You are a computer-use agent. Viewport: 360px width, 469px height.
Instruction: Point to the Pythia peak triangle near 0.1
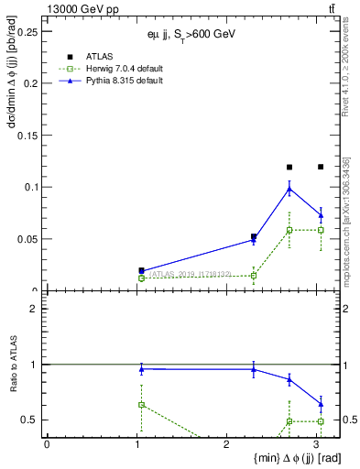pos(289,189)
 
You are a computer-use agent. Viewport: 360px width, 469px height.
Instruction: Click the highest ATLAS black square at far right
pos(320,167)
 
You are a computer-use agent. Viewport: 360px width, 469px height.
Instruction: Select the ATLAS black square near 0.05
pos(254,236)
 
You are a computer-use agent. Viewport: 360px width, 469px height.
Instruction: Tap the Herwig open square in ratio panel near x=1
pos(141,404)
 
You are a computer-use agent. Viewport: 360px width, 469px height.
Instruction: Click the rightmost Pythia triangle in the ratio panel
pos(320,403)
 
